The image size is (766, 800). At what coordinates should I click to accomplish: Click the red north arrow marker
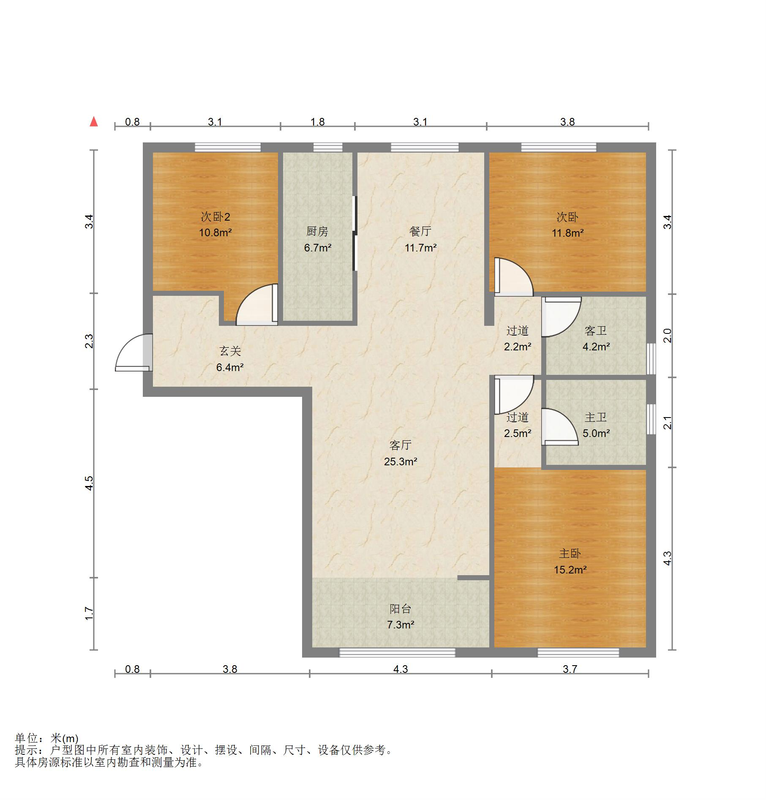click(x=94, y=122)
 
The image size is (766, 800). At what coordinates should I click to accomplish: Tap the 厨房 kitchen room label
click(x=317, y=231)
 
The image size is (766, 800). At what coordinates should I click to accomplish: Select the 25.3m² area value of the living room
click(x=401, y=461)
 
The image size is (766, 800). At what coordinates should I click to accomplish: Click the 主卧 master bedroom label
click(x=570, y=553)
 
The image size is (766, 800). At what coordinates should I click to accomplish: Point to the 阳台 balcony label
click(x=401, y=609)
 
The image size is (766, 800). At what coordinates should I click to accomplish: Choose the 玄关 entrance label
click(x=230, y=351)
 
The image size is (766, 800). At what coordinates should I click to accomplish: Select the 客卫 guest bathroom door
click(x=562, y=317)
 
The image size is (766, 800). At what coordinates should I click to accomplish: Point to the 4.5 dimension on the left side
click(x=89, y=483)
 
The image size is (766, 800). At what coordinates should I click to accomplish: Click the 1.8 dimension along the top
click(x=318, y=122)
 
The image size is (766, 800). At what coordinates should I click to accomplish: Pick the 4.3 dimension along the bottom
click(x=401, y=669)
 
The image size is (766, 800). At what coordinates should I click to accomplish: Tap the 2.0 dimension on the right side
click(x=668, y=336)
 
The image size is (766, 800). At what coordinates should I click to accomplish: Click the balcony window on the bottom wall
click(x=398, y=653)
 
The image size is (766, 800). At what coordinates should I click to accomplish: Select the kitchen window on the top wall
click(x=328, y=147)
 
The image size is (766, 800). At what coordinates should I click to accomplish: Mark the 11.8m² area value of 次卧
click(x=568, y=233)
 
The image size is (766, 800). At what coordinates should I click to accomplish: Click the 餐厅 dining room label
click(x=420, y=231)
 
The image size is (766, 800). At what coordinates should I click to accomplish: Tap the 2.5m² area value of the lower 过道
click(x=518, y=433)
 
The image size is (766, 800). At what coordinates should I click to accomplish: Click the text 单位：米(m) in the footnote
click(x=46, y=738)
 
